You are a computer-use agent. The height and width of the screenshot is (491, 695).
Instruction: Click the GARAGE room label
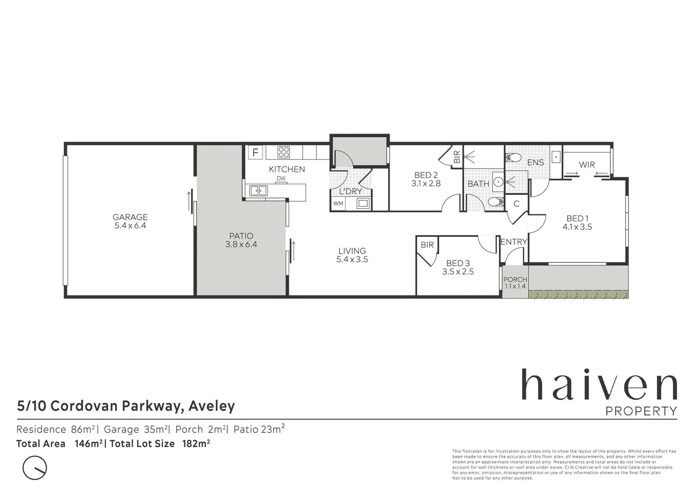point(130,217)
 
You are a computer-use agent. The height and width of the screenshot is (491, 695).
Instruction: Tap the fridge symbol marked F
point(255,152)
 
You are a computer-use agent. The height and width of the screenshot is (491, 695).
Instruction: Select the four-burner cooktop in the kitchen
point(284,152)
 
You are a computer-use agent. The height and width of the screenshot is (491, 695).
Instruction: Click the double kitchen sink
point(258,190)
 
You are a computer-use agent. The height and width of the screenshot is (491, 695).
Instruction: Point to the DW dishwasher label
point(281,179)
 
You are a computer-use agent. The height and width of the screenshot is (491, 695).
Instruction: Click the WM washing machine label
point(338,204)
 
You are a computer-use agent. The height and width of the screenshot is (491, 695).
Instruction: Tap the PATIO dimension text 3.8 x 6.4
point(241,245)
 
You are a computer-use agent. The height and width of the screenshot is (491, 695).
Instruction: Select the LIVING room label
point(352,251)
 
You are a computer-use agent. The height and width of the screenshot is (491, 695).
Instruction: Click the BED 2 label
point(426,175)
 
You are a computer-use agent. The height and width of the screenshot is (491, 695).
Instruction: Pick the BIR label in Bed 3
point(427,245)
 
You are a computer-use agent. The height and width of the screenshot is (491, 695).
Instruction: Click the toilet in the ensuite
point(513,158)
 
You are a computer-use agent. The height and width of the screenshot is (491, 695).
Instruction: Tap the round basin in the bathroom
point(498,182)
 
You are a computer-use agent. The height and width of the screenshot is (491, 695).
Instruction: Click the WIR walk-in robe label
point(587,165)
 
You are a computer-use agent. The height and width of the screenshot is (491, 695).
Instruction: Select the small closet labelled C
point(517,204)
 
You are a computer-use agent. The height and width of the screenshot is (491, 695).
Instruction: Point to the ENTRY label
point(513,242)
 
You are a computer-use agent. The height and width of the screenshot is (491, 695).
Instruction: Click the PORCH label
point(515,280)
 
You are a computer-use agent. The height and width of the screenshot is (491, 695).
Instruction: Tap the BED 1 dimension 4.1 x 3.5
point(577,227)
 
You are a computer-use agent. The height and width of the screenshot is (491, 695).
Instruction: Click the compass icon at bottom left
point(35,467)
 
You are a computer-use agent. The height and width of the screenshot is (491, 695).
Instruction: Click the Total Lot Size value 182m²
point(196,444)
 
